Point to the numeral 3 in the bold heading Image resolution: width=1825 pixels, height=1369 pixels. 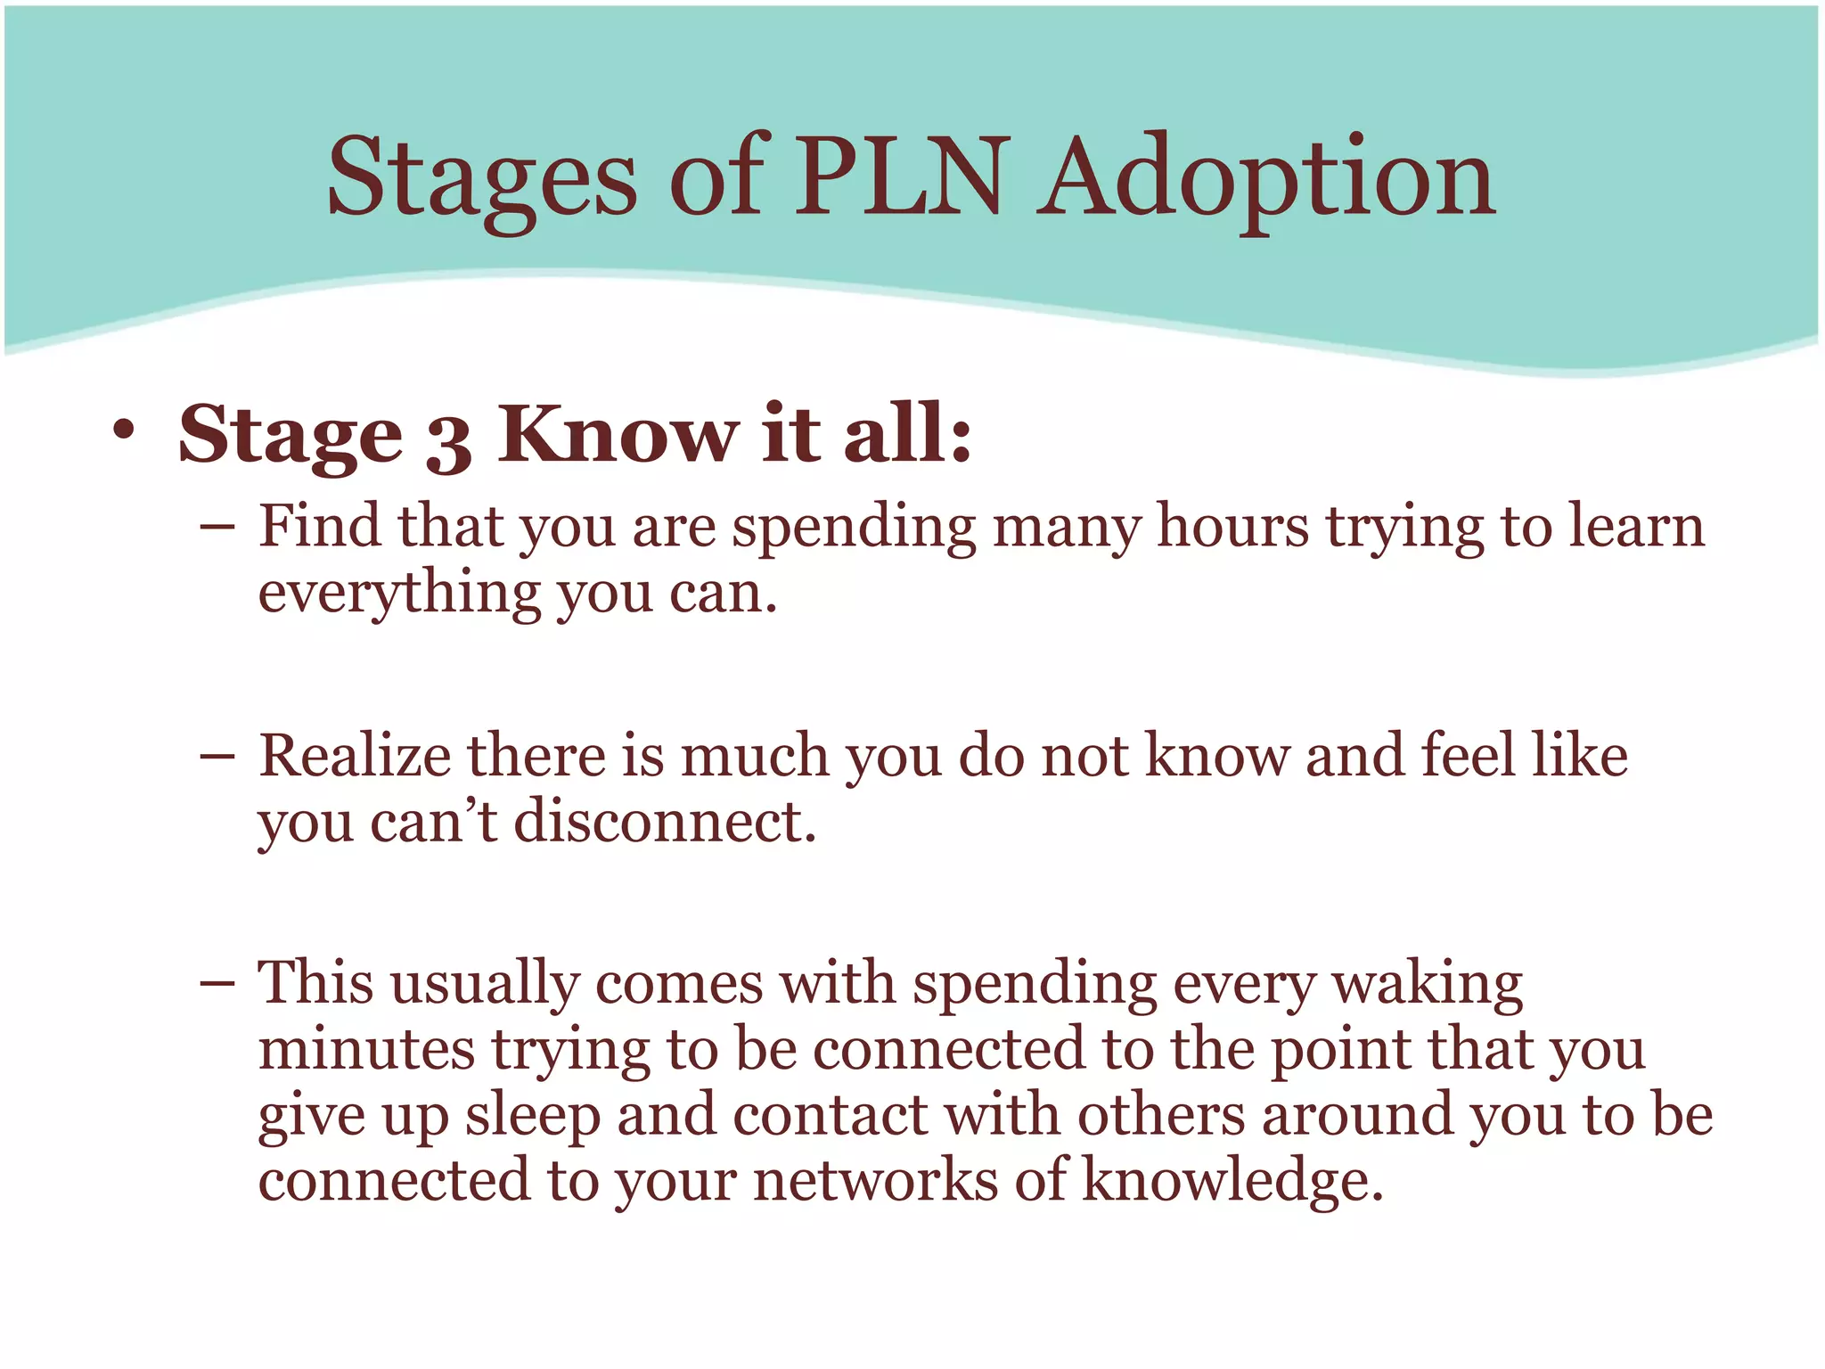click(448, 440)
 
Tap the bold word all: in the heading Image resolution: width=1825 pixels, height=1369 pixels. click(907, 434)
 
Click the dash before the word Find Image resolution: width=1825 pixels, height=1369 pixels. click(217, 528)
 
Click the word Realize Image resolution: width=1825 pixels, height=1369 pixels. click(355, 756)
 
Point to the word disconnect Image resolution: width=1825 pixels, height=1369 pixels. click(664, 821)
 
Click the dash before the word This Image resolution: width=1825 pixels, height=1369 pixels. click(217, 985)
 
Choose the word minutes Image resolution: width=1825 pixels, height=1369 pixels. click(366, 1049)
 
